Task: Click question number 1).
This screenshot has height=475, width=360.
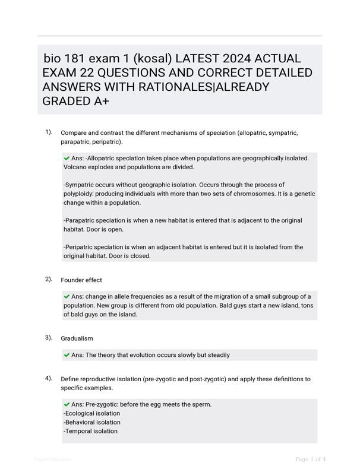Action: tap(49, 132)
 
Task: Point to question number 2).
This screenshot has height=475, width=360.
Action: tap(49, 279)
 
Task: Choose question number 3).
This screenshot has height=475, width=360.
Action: tap(49, 338)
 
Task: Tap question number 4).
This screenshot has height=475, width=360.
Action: tap(49, 378)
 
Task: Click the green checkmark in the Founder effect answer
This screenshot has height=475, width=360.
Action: tap(67, 296)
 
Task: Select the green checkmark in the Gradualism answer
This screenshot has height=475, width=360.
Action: tap(67, 355)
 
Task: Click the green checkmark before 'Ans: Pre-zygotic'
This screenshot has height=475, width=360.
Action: tap(67, 404)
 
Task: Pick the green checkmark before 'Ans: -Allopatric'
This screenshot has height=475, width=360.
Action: tap(67, 159)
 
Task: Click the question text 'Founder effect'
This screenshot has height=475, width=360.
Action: tap(81, 280)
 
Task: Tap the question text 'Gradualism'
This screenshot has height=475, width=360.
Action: tap(77, 338)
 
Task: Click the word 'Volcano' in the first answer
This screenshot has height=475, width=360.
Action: tap(75, 167)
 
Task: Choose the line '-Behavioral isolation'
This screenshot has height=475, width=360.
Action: tap(91, 422)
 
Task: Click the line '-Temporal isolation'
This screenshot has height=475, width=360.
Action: tap(90, 431)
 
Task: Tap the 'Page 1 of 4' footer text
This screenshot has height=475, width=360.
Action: tap(310, 459)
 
